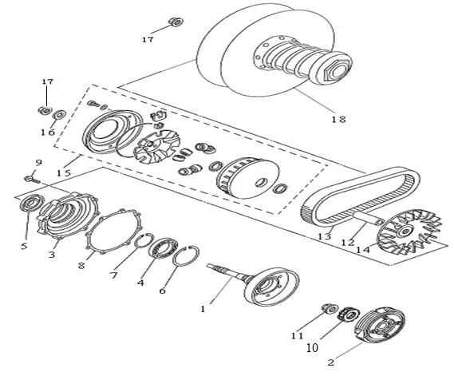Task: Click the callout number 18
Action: pos(338,119)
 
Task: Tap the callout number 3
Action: pos(52,255)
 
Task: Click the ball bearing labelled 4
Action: pos(163,248)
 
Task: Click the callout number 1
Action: pos(203,309)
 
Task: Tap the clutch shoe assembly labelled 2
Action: pos(380,324)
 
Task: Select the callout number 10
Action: pos(312,347)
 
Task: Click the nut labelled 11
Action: pos(330,309)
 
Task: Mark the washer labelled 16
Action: pos(59,114)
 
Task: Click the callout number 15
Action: pos(64,173)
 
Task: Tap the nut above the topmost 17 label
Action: pos(176,22)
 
